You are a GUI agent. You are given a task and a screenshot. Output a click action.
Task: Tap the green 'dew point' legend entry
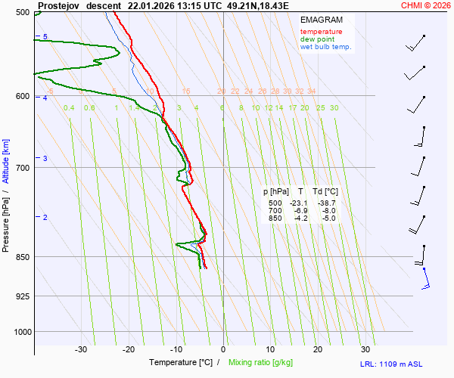(x=317, y=39)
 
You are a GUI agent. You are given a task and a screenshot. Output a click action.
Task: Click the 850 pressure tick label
(x=22, y=257)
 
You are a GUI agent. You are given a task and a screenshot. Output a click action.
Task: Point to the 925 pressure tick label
(x=22, y=296)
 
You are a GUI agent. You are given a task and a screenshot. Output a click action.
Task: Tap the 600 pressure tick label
(x=22, y=96)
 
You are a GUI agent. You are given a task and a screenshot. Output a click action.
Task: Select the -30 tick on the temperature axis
(x=81, y=349)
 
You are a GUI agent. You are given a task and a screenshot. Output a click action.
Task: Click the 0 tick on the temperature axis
(x=223, y=349)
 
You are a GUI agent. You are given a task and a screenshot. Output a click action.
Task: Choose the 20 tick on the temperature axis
(x=318, y=349)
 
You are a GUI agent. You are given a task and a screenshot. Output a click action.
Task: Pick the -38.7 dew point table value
(x=326, y=203)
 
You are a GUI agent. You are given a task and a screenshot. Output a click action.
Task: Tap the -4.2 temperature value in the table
(x=300, y=218)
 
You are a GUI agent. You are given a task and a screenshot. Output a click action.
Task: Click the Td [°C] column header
(x=325, y=192)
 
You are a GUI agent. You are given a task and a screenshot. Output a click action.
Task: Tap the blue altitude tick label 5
(x=45, y=37)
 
